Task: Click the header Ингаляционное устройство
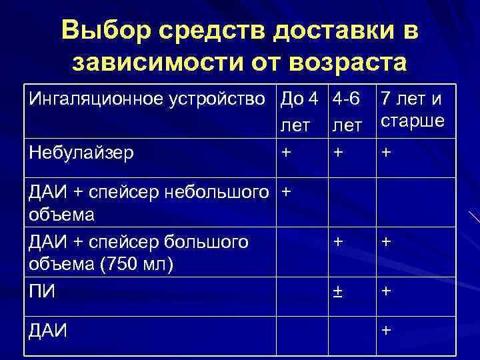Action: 152,101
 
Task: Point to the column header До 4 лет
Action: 300,112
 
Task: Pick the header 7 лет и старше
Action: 411,112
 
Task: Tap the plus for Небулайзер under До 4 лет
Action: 287,152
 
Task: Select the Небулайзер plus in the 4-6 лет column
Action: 339,152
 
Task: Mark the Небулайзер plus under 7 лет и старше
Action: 385,152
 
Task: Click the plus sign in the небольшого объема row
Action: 287,192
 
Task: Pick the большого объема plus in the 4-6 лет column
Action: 339,242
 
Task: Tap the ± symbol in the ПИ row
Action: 339,291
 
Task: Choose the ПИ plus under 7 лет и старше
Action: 385,291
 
